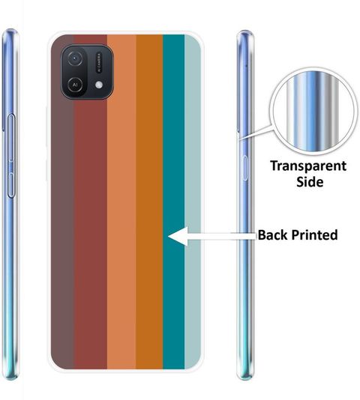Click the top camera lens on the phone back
75,58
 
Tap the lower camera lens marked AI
75,85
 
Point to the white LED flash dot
99,85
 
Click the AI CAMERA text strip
99,62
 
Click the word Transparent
308,166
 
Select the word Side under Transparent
310,182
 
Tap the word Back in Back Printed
273,234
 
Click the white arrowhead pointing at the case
178,236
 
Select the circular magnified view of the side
313,111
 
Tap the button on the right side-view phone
245,168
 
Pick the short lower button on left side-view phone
11,185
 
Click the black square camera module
87,72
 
